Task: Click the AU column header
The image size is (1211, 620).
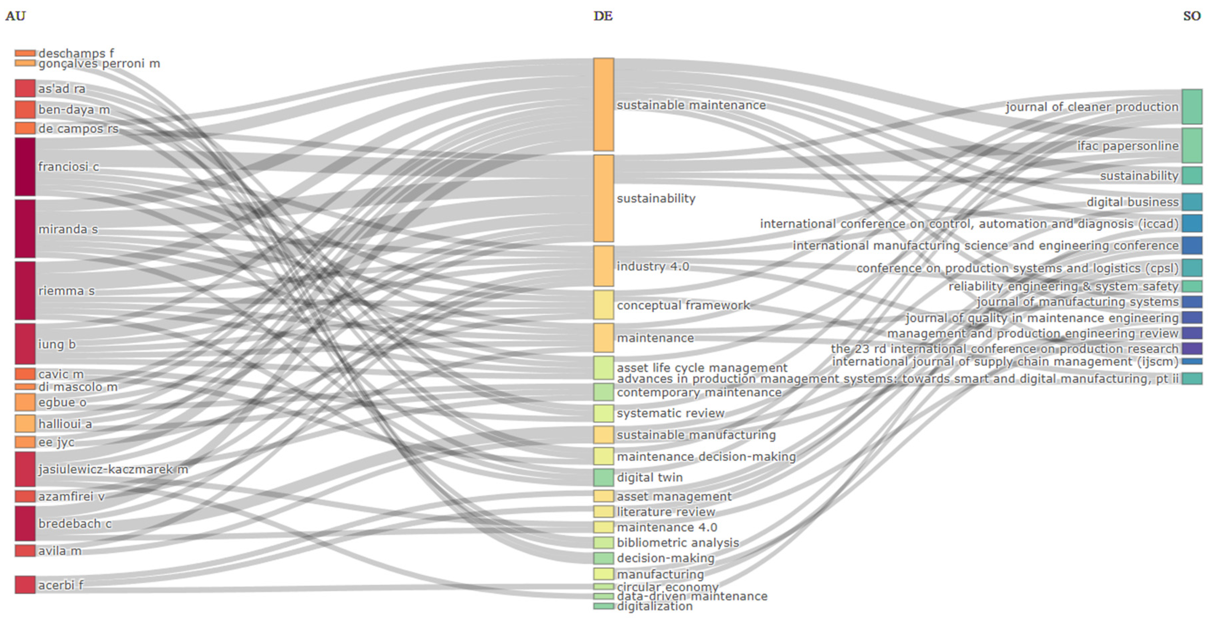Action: point(15,16)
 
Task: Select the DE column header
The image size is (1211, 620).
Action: point(603,16)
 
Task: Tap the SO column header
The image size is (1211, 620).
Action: point(1192,16)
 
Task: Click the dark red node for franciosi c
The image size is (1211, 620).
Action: point(25,167)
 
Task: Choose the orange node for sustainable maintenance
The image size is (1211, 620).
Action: point(603,104)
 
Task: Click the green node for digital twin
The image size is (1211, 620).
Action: point(603,477)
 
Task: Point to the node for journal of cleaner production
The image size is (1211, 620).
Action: point(1192,107)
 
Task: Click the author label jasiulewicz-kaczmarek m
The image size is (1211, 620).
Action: point(113,469)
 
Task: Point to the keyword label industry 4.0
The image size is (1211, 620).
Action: point(653,266)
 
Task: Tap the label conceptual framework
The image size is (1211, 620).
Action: point(683,305)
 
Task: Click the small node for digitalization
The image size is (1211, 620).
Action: point(603,606)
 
